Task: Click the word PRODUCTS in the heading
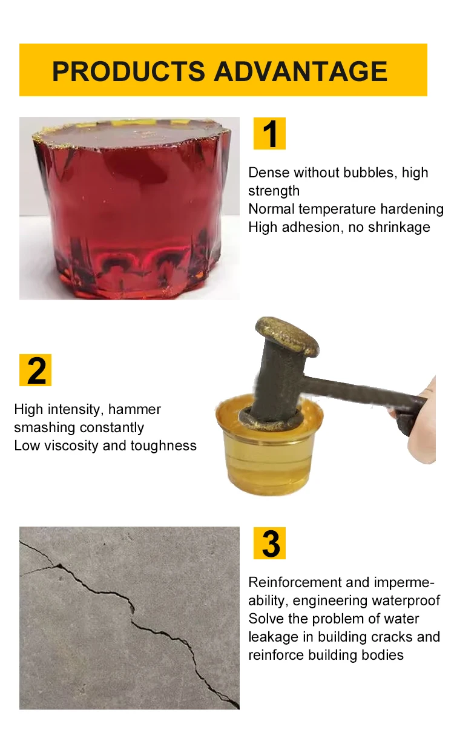(x=129, y=71)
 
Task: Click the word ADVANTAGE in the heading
(x=301, y=71)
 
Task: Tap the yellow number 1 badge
(x=269, y=134)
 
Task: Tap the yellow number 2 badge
(x=36, y=370)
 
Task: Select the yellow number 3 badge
(x=269, y=544)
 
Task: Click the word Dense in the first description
(x=269, y=173)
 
